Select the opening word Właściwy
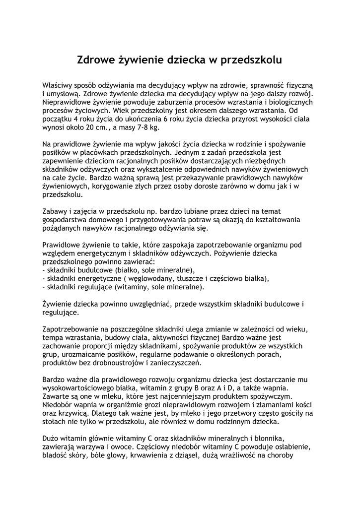point(58,85)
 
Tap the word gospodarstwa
point(64,220)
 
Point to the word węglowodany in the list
point(138,279)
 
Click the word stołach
point(55,422)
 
